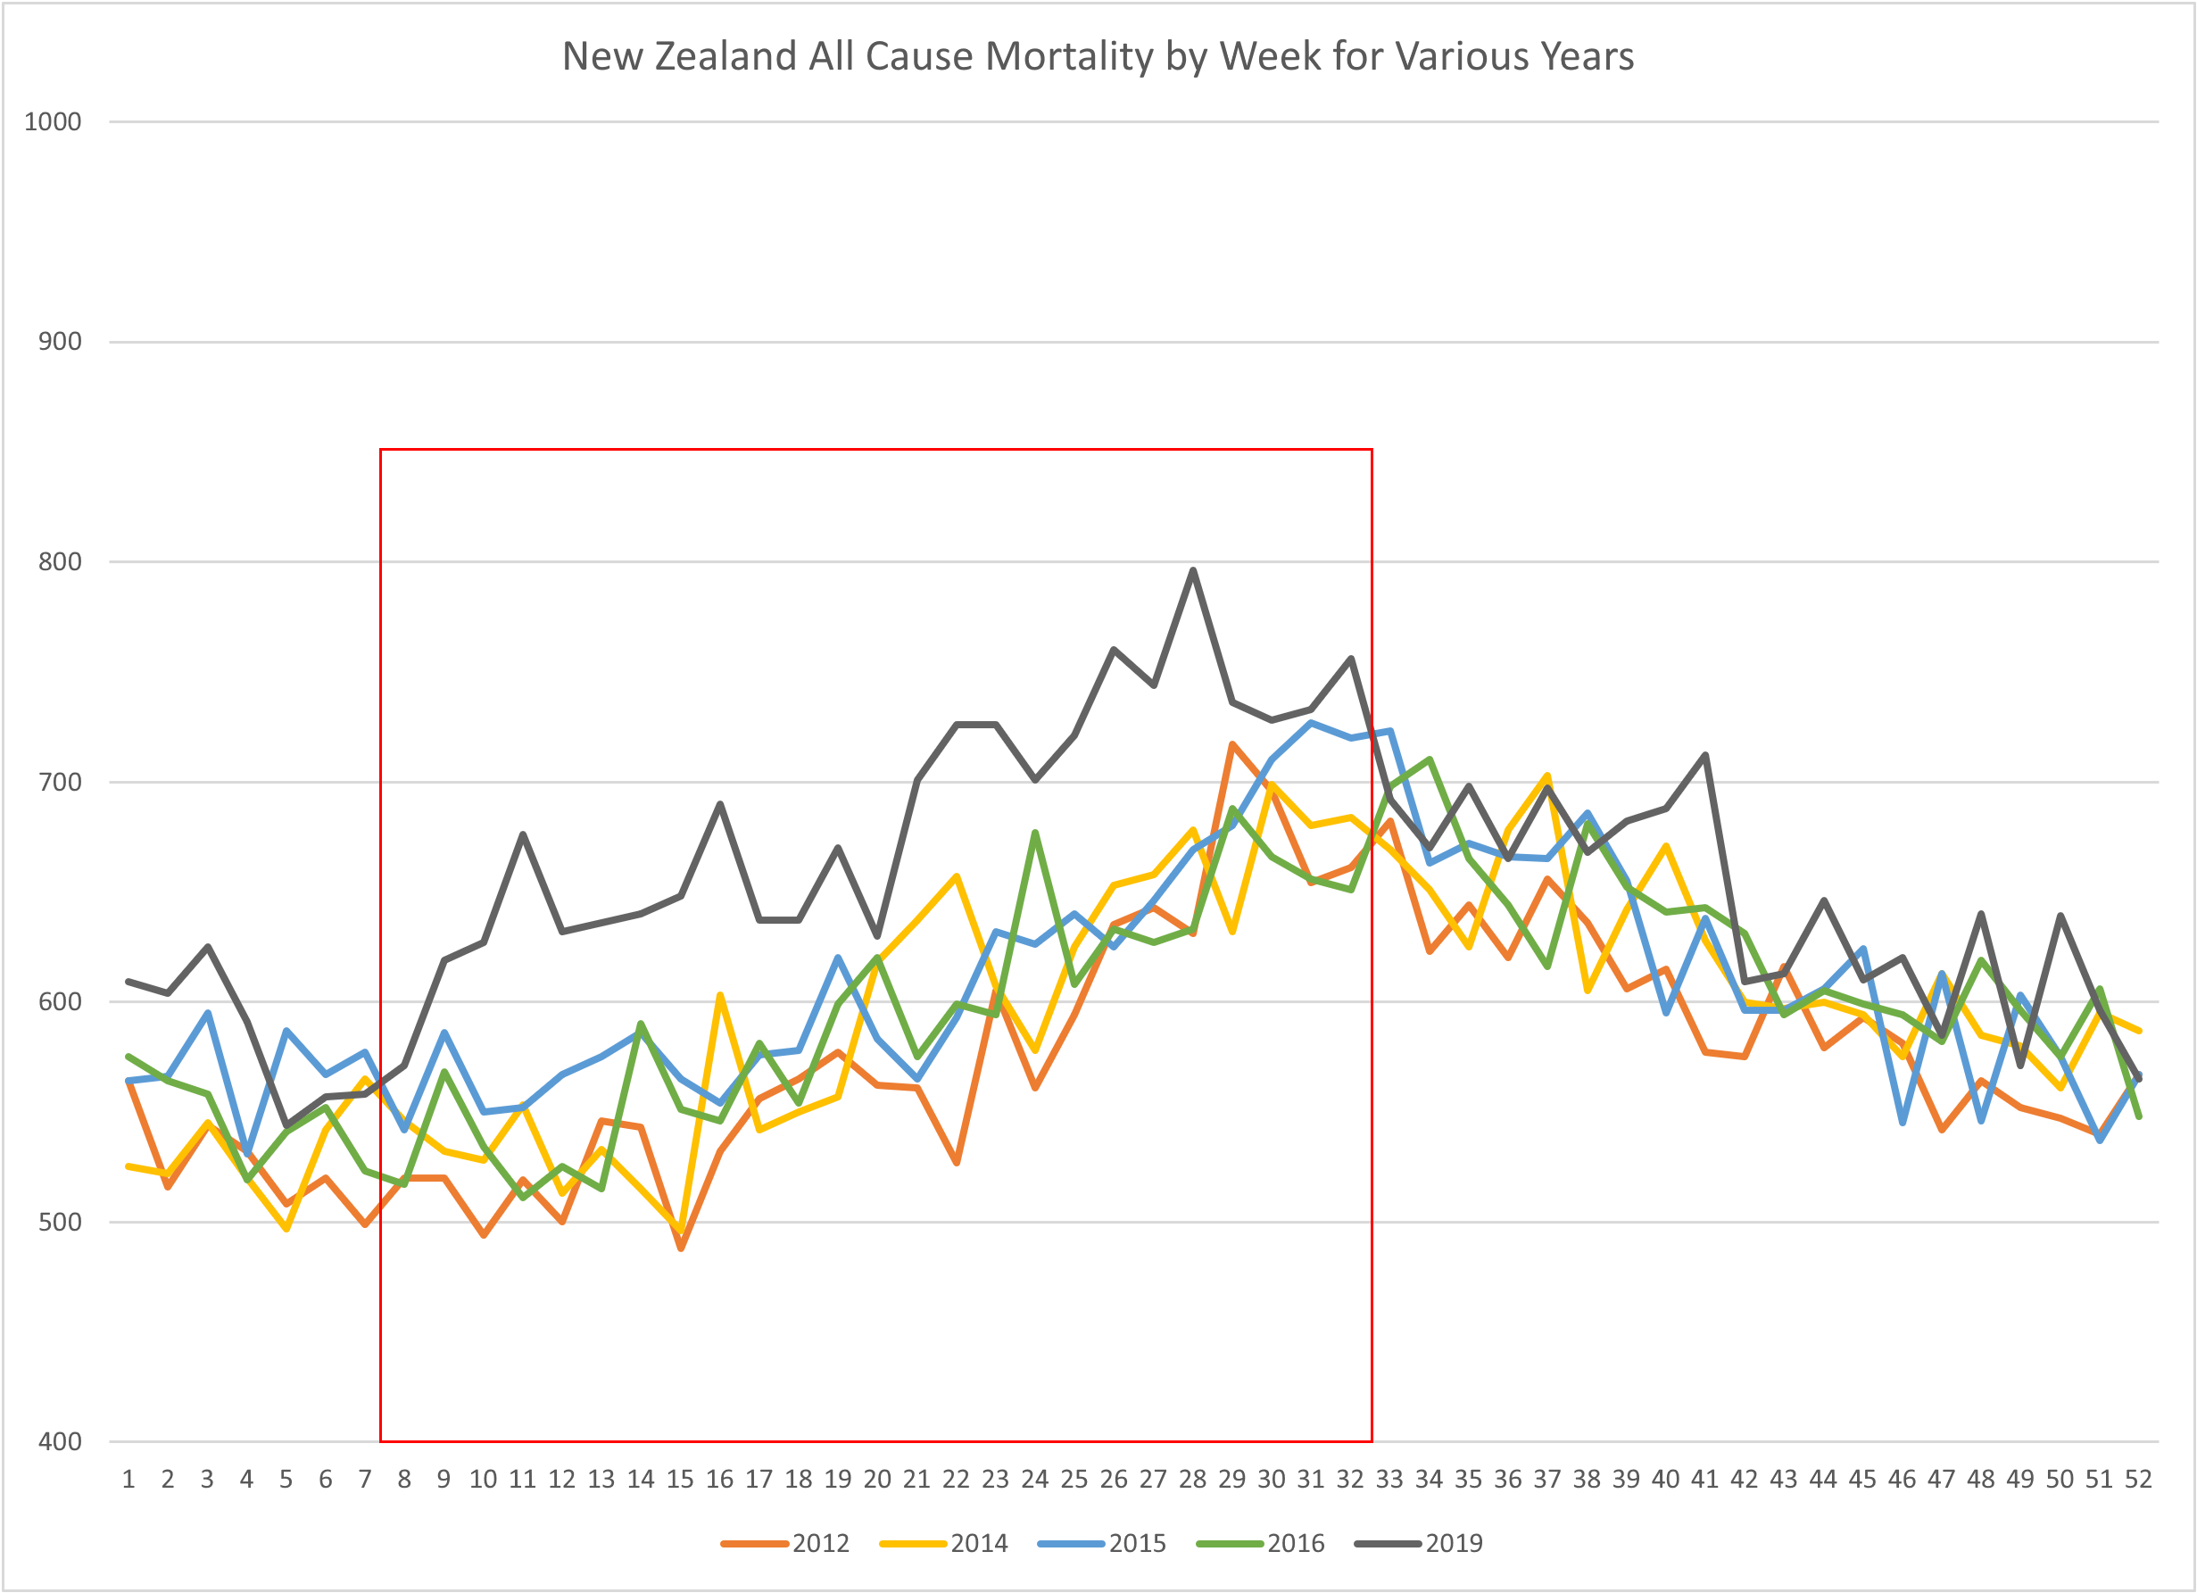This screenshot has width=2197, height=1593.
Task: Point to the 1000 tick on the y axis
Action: tap(54, 122)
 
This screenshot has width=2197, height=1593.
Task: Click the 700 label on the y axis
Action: tap(59, 782)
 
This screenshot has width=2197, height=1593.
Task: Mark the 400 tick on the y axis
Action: tap(59, 1442)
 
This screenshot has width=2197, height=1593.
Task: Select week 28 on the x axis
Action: tap(1192, 1480)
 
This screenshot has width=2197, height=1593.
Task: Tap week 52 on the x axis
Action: tap(2138, 1480)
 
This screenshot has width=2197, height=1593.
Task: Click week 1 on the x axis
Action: tap(128, 1480)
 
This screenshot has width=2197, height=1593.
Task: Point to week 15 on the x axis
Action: tap(680, 1480)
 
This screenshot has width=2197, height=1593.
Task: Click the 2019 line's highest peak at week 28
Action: tap(1192, 571)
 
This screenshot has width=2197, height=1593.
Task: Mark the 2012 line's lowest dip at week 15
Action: tap(681, 1248)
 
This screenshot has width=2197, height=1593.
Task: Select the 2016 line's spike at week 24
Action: tap(1035, 833)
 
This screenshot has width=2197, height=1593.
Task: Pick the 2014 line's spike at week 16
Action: tap(720, 995)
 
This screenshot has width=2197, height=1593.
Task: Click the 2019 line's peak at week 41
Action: tap(1705, 755)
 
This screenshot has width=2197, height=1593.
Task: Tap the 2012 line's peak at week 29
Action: tap(1232, 744)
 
